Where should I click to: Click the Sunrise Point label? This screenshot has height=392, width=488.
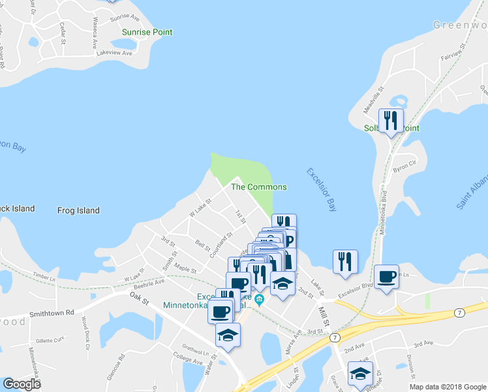(147, 31)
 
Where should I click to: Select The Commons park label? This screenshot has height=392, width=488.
(258, 187)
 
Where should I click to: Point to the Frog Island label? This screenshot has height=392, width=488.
(78, 210)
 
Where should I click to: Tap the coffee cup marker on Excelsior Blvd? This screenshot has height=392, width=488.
(387, 276)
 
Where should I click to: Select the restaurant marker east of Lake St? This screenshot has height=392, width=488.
(344, 261)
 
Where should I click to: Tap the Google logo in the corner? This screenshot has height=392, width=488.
(22, 384)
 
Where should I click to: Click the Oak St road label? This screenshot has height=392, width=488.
(140, 297)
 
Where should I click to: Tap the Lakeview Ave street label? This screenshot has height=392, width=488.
(114, 53)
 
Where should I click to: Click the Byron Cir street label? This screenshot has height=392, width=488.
(404, 168)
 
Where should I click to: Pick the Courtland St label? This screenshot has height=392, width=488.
(221, 244)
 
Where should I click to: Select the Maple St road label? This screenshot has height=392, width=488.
(185, 269)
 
